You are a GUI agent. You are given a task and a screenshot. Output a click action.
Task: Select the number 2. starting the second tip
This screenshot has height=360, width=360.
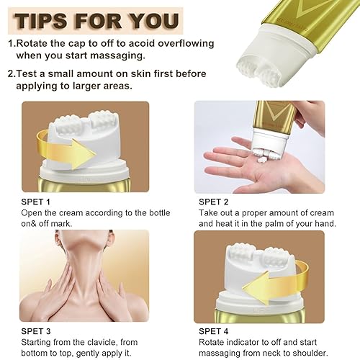tap(12, 73)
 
